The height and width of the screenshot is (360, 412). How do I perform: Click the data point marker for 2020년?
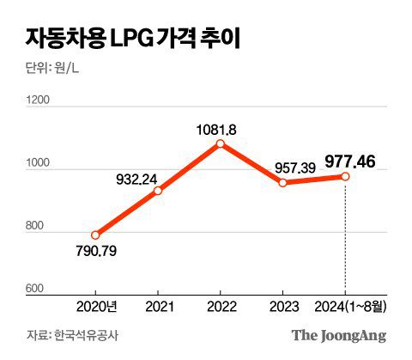click(x=95, y=235)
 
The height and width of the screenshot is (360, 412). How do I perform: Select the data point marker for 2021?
click(x=158, y=190)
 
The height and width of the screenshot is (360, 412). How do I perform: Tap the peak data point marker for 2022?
click(x=221, y=143)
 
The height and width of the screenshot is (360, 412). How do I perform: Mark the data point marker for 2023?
click(x=283, y=182)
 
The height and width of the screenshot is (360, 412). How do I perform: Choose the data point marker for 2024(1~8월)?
click(x=345, y=176)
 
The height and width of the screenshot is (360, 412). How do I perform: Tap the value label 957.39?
click(x=294, y=166)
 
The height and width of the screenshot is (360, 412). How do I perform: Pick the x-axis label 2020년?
click(x=95, y=307)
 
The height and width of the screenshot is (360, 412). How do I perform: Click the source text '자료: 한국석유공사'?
click(x=66, y=335)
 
